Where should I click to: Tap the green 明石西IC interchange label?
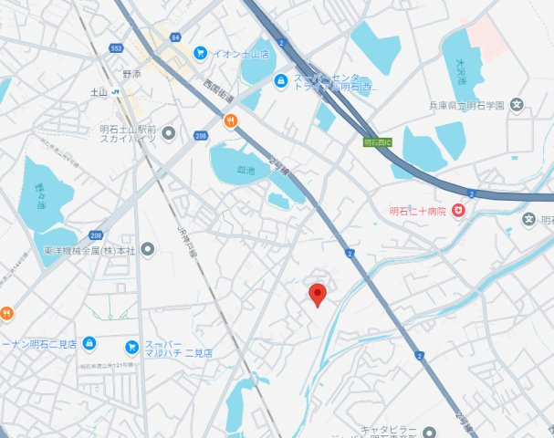377,142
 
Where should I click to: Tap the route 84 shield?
176,36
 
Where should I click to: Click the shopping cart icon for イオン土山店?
200,53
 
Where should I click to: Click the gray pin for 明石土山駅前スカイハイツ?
169,134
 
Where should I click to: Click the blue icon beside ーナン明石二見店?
89,343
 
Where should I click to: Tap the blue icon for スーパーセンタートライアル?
281,81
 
